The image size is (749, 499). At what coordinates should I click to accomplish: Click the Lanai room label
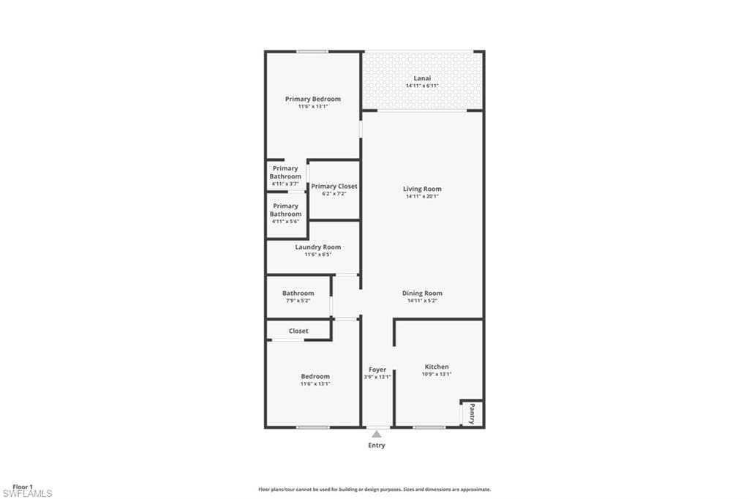pos(422,78)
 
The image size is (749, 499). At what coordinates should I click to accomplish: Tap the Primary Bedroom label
pos(313,99)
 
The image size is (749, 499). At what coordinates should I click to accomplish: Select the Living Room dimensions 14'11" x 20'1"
pos(422,196)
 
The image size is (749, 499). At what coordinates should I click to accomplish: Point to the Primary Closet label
pos(334,187)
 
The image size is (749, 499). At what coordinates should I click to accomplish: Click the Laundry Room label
pos(317,247)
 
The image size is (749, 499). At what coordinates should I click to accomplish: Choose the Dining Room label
pos(422,293)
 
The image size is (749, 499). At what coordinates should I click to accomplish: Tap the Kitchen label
pos(437,367)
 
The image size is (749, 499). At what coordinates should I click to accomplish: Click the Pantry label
pos(472,414)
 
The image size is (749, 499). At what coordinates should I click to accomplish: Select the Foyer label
pos(377,369)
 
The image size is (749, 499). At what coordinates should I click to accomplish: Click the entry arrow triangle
pos(377,434)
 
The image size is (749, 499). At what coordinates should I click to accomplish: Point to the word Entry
pos(377,445)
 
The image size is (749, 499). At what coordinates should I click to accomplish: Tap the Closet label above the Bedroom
pos(298,331)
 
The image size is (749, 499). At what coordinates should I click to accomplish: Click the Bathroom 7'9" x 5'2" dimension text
pos(298,301)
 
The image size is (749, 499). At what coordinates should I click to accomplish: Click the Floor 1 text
pos(23,487)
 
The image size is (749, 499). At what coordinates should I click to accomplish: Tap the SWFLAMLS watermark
pos(27,494)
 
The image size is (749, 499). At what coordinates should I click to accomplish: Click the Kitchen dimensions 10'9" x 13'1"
pos(437,375)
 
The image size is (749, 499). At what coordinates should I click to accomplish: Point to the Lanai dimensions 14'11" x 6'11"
pos(422,86)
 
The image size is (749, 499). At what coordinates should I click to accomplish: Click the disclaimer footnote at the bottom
pos(374,489)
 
